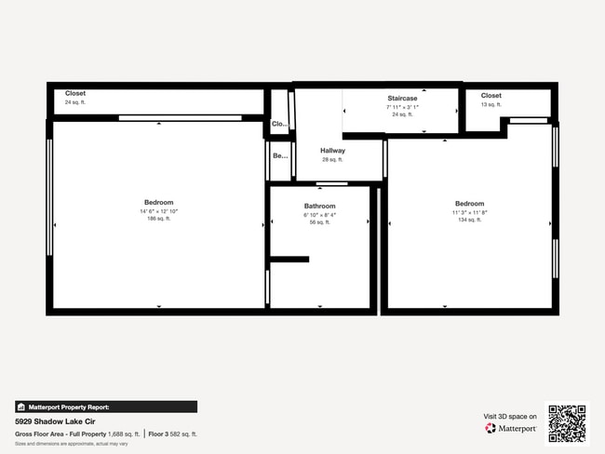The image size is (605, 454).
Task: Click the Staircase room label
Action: pyautogui.click(x=402, y=98)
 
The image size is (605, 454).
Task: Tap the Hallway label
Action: pyautogui.click(x=332, y=151)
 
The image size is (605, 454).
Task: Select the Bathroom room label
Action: pyautogui.click(x=319, y=206)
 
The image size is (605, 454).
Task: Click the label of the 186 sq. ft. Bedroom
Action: pyautogui.click(x=158, y=202)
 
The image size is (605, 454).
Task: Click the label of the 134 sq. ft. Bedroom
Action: pyautogui.click(x=469, y=204)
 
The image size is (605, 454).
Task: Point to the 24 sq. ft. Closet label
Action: pyautogui.click(x=75, y=93)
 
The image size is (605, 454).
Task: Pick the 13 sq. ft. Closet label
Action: pyautogui.click(x=491, y=95)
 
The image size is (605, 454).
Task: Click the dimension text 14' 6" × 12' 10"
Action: pyautogui.click(x=158, y=211)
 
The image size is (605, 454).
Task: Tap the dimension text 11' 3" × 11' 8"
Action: pyautogui.click(x=469, y=213)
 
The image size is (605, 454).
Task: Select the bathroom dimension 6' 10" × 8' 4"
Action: pyautogui.click(x=319, y=215)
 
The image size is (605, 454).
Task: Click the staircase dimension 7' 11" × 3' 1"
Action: pyautogui.click(x=402, y=107)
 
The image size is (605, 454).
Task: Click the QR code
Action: pyautogui.click(x=567, y=422)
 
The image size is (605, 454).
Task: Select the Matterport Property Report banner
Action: pyautogui.click(x=106, y=407)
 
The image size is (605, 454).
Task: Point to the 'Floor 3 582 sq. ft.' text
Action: pyautogui.click(x=173, y=434)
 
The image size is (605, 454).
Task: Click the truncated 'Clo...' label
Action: pyautogui.click(x=278, y=123)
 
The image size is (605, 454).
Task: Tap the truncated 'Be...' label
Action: pyautogui.click(x=279, y=155)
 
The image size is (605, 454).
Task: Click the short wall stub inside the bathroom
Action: pyautogui.click(x=289, y=259)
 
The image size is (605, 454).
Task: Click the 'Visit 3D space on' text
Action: pyautogui.click(x=510, y=417)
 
